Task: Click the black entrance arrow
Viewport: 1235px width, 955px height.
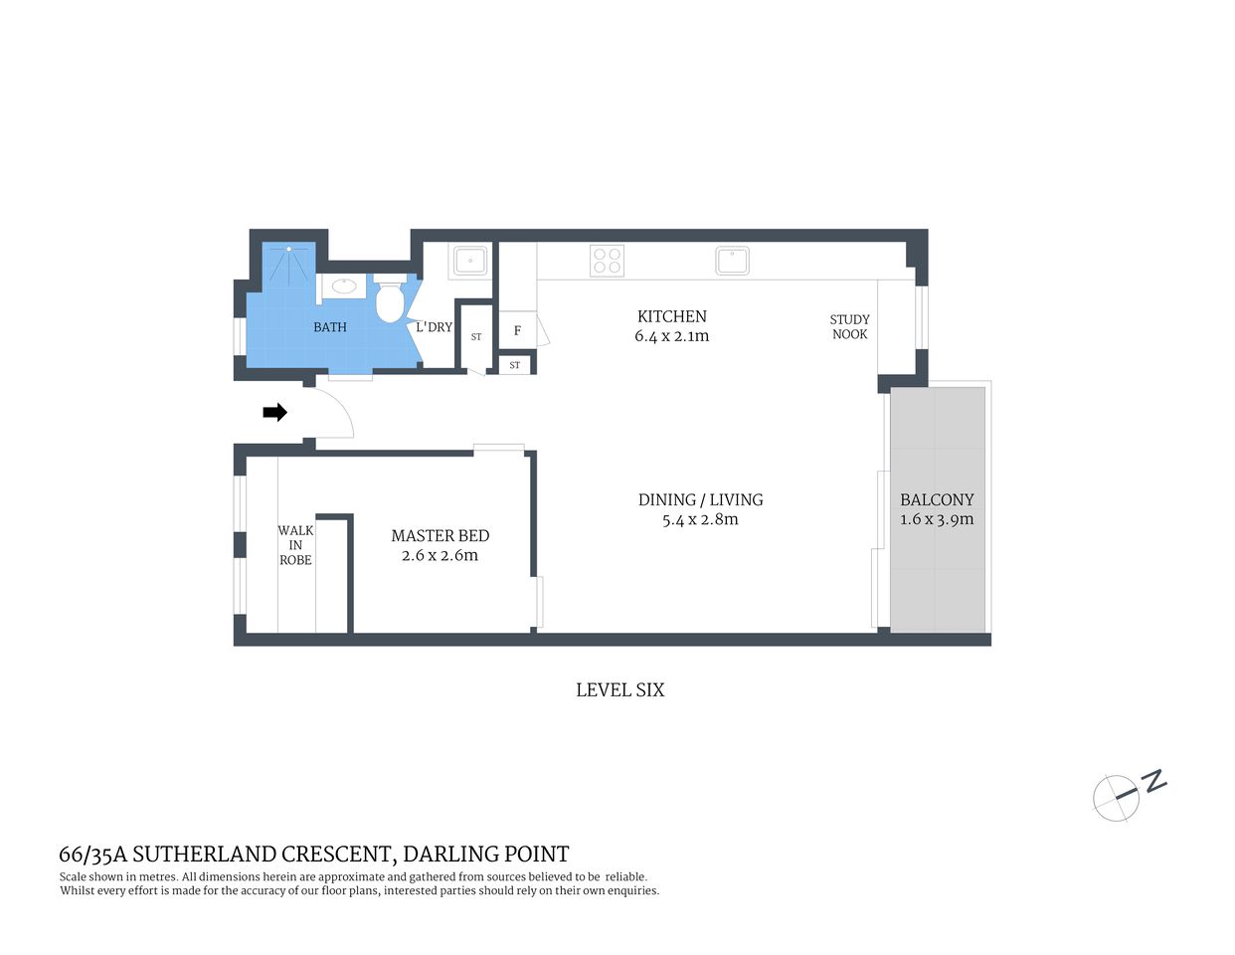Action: click(x=274, y=412)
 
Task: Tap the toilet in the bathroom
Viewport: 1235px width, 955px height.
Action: click(x=389, y=300)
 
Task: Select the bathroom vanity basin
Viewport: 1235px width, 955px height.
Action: click(x=344, y=287)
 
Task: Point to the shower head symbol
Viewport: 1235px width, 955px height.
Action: click(x=289, y=249)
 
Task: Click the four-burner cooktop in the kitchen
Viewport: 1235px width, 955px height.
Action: click(x=607, y=261)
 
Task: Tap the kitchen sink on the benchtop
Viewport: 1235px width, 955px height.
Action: click(x=732, y=261)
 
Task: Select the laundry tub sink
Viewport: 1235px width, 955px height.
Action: click(x=469, y=261)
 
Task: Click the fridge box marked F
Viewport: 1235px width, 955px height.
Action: click(x=517, y=330)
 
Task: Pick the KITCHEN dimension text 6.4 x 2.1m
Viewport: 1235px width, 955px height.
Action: click(x=671, y=336)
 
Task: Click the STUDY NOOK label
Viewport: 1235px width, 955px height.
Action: click(x=849, y=326)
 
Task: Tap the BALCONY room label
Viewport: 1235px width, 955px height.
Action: click(x=937, y=499)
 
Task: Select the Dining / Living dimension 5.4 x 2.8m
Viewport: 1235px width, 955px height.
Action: click(x=700, y=519)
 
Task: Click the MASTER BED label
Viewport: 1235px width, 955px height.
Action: click(x=440, y=535)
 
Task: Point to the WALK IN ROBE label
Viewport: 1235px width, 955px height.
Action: click(x=295, y=545)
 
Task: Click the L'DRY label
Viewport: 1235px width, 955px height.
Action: click(x=434, y=327)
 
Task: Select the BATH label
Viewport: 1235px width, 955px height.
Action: click(x=330, y=327)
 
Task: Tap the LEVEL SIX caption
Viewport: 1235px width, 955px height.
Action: click(x=619, y=689)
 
